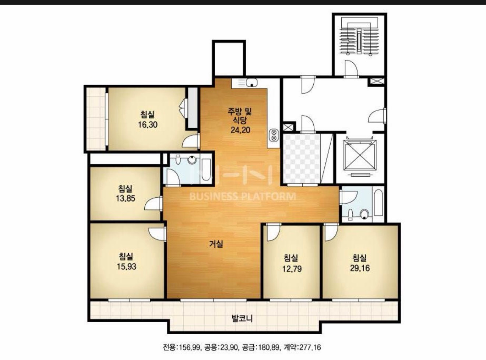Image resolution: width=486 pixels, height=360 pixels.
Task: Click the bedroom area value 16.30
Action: click(x=148, y=125)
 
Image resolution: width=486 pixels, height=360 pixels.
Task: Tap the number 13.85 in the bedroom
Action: click(x=126, y=198)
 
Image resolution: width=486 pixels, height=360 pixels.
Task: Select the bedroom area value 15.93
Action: click(x=126, y=267)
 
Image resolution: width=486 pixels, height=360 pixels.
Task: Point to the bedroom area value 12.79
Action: click(x=292, y=269)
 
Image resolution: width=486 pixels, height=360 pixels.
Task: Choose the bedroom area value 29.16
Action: click(x=360, y=268)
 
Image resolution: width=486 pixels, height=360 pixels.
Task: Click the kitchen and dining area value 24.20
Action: click(x=240, y=130)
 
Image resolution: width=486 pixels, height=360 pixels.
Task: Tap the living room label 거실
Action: click(x=216, y=244)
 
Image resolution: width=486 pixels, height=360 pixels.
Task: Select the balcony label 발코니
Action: click(x=242, y=318)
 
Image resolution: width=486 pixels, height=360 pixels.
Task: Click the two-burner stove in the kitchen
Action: click(x=274, y=135)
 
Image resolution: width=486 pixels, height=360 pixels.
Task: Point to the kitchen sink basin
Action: click(x=251, y=83)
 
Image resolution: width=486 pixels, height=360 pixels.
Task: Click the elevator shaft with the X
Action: click(x=360, y=155)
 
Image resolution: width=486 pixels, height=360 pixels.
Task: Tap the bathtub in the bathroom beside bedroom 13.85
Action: click(x=206, y=169)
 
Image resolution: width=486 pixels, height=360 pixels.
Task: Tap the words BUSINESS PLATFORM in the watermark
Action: click(x=243, y=197)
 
